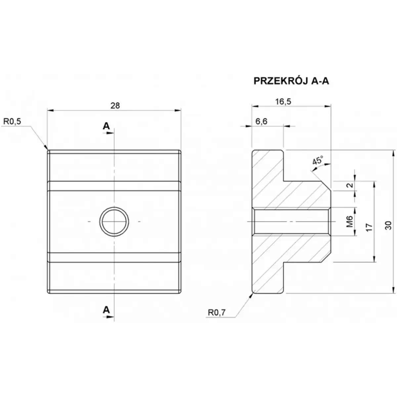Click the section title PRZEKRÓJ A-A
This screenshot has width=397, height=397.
291,81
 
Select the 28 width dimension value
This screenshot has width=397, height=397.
115,105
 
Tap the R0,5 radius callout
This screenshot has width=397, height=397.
12,121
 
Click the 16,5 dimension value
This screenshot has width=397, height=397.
283,102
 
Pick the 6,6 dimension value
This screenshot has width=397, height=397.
261,121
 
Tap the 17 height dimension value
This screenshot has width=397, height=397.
370,227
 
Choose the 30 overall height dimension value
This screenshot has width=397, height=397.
389,225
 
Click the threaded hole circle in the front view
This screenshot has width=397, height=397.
114,221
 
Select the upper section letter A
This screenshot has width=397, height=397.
106,126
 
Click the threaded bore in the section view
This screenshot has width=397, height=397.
291,221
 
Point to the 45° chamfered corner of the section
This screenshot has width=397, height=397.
327,185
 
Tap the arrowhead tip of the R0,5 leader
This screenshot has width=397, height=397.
47,150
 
